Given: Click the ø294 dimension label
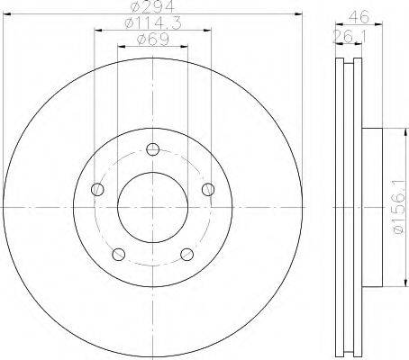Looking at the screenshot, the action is [x=153, y=6].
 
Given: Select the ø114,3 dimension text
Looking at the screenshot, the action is [x=153, y=22].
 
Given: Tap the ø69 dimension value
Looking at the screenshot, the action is [x=153, y=40].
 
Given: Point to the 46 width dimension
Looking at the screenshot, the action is [x=359, y=17].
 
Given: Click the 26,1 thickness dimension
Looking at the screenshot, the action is [x=350, y=37].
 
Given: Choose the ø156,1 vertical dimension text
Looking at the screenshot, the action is [x=399, y=207].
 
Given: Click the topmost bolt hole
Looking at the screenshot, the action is [x=153, y=149].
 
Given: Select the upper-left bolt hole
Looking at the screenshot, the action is [x=97, y=189].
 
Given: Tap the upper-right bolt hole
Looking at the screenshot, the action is [x=208, y=189].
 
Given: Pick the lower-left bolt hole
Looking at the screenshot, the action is [x=119, y=255].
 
